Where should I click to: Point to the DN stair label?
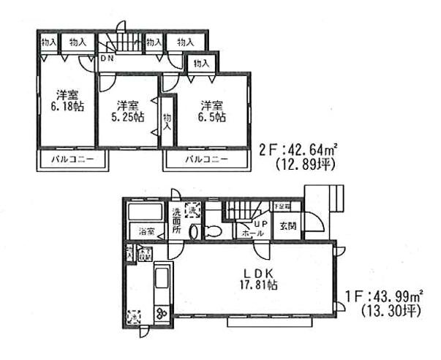tap(106, 59)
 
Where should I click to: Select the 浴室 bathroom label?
tap(146, 232)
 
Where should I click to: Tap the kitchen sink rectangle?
tap(162, 282)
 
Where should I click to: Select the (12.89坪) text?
tap(305, 165)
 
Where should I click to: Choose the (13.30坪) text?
tap(391, 312)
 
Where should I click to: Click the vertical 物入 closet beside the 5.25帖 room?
tap(167, 120)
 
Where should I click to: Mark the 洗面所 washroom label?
tap(176, 220)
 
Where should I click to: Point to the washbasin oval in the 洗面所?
tap(192, 232)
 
